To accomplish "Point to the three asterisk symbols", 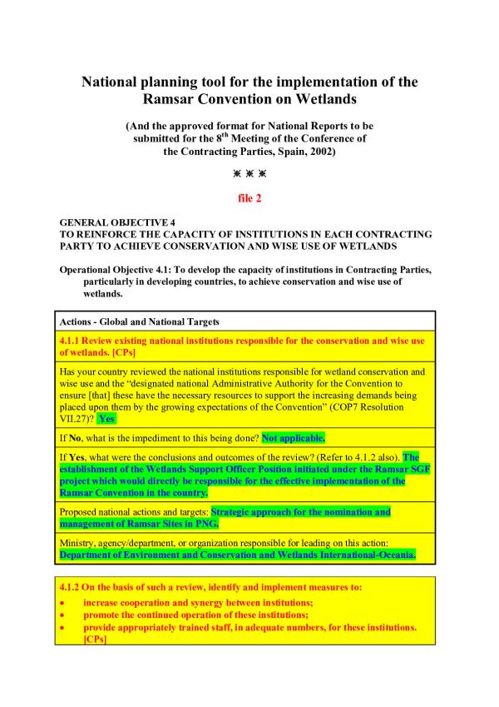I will (249, 174).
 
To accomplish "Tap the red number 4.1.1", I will (72, 341).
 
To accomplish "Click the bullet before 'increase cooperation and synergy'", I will (62, 601).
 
